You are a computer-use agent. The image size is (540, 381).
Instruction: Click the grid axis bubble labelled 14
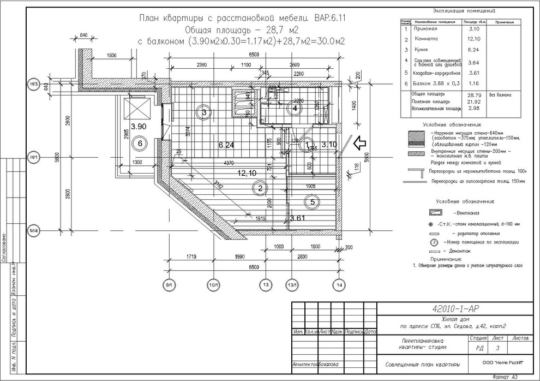click(340, 285)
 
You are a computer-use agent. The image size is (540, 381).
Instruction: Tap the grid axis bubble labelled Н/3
click(34, 84)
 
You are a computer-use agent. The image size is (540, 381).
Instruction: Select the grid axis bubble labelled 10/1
click(212, 285)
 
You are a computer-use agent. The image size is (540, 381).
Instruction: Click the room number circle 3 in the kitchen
click(203, 112)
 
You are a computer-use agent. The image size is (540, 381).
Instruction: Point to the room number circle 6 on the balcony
click(140, 143)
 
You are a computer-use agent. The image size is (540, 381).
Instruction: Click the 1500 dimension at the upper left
click(112, 56)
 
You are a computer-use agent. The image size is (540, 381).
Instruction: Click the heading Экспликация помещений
click(463, 10)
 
